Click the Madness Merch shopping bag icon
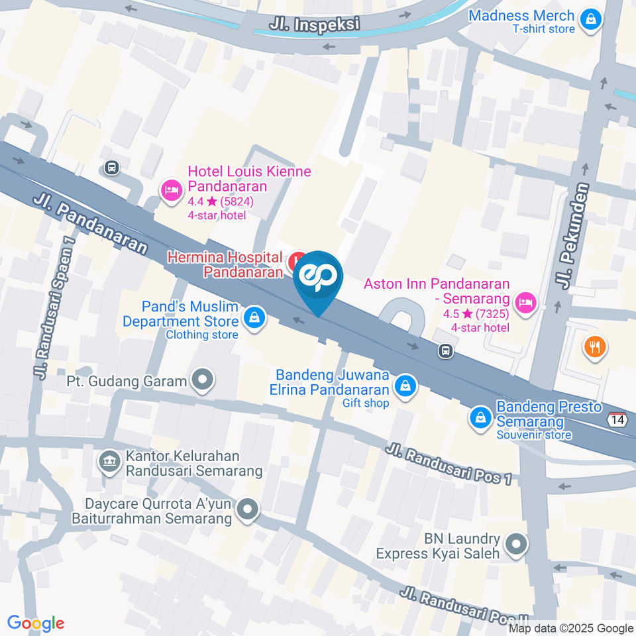pos(589,21)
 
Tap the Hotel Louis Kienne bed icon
pos(171,191)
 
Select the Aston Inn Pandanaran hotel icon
pos(526,302)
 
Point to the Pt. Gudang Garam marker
pos(203,380)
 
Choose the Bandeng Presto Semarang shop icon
pos(480,417)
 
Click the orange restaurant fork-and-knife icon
pos(594,346)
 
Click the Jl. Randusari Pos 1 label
pos(449,465)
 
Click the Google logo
pos(36,623)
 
